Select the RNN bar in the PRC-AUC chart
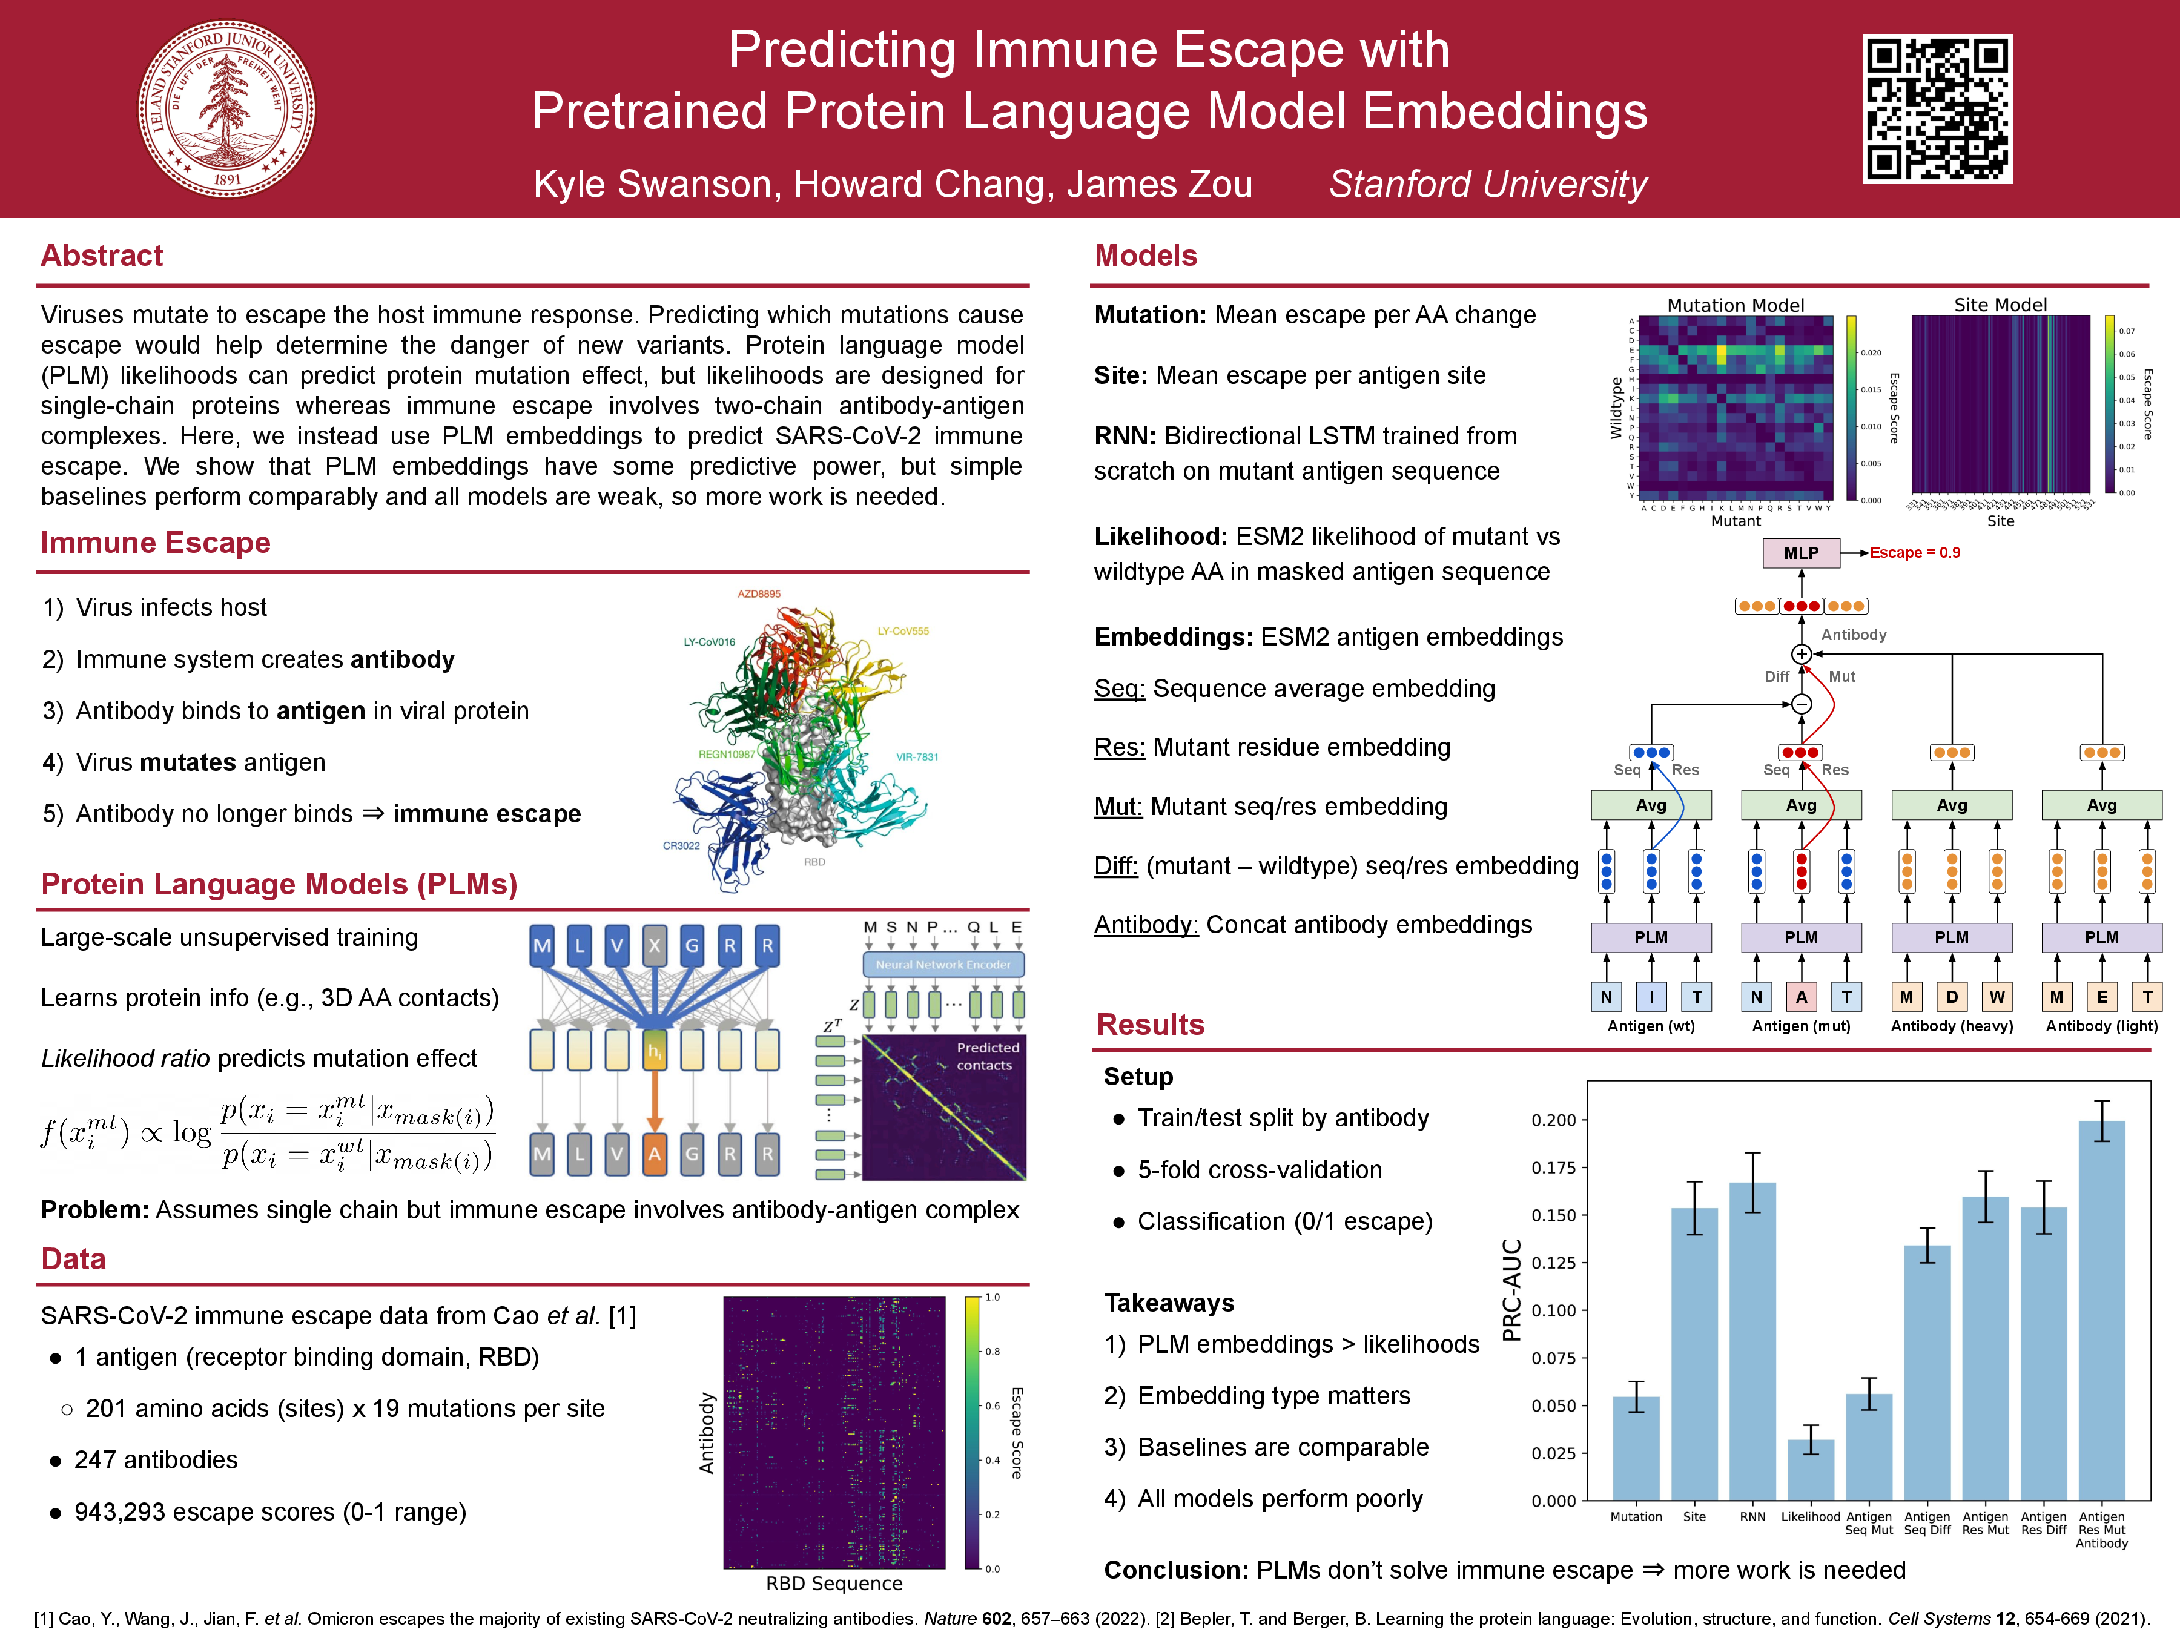1752,1340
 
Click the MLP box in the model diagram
1800,553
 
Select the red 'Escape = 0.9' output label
1915,553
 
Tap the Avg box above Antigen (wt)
1651,805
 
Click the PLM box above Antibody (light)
2101,937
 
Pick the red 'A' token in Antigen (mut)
1800,996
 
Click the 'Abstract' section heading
102,256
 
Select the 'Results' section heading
1150,1024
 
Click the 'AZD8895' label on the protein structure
759,594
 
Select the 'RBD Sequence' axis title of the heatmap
834,1583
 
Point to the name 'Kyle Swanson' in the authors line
652,184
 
